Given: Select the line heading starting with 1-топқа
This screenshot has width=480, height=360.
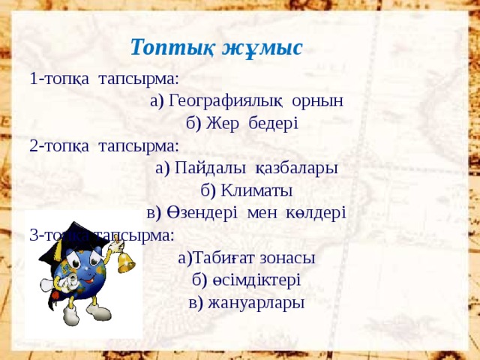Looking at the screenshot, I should coord(104,78).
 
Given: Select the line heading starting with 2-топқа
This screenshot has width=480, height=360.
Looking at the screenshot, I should coord(104,145).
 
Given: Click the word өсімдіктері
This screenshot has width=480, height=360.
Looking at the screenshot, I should coord(256,280).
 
